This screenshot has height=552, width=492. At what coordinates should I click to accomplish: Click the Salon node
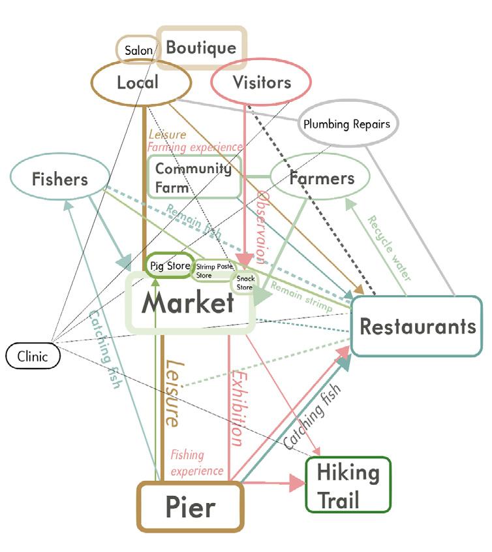tap(138, 50)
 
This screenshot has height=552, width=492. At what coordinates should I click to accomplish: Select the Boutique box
tap(201, 48)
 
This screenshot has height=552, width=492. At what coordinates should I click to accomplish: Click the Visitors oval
tap(261, 82)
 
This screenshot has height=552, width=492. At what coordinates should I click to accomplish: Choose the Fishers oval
tap(59, 178)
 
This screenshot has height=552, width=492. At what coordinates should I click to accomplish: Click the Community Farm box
tap(194, 177)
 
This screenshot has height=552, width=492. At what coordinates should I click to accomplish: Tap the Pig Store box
tap(170, 266)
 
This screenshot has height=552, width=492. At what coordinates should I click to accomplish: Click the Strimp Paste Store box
tap(213, 271)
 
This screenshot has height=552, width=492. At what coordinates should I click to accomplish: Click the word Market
tap(188, 303)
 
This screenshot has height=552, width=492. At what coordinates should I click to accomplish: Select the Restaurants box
tap(417, 326)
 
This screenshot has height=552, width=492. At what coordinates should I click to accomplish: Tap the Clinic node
tap(32, 356)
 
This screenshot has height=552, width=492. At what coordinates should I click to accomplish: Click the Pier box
tap(190, 506)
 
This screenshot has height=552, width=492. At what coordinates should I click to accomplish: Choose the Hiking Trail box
tap(348, 485)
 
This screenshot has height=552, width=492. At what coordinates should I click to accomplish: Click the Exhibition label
tap(238, 408)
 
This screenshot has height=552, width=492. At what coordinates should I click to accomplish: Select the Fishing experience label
tap(196, 463)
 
